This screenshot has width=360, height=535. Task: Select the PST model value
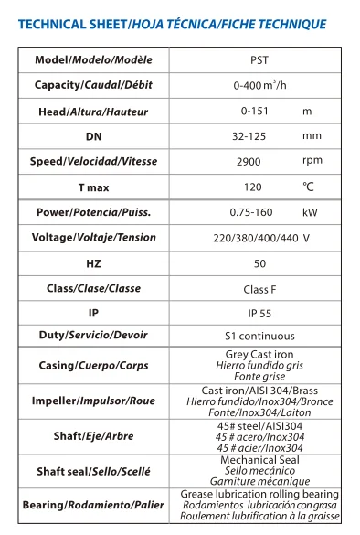click(x=259, y=60)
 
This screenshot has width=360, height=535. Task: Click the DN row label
click(x=94, y=136)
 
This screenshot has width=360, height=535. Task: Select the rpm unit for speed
click(x=312, y=161)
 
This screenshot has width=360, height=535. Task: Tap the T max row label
click(x=94, y=187)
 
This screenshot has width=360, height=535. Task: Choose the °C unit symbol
click(x=309, y=187)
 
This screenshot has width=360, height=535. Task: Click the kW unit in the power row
click(x=310, y=213)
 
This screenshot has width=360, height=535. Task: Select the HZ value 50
click(x=259, y=262)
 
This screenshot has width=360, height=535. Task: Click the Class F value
click(x=259, y=288)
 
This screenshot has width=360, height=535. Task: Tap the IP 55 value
click(x=259, y=313)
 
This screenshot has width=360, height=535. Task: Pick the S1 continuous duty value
click(x=259, y=336)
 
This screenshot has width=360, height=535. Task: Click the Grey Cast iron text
click(x=259, y=355)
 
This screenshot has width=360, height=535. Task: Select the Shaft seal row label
click(x=94, y=472)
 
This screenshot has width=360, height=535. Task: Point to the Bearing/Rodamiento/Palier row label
click(x=94, y=505)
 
